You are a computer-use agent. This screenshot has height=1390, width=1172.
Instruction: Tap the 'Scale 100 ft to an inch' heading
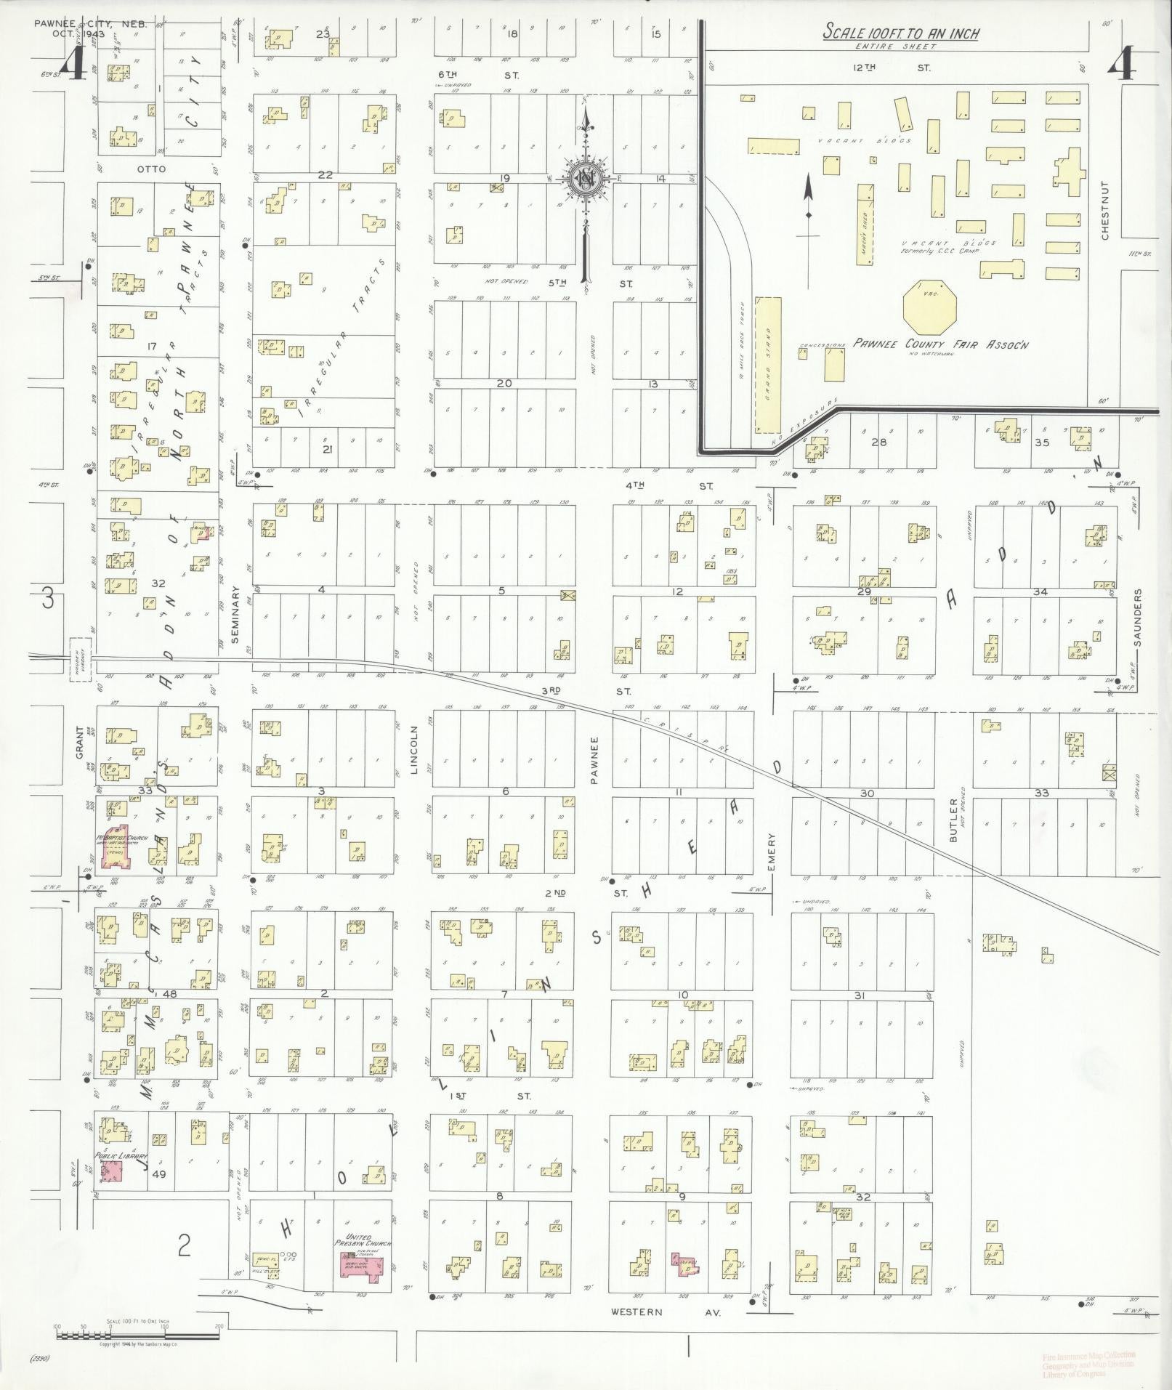pos(900,33)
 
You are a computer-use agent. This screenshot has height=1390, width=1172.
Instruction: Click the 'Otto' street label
pos(150,169)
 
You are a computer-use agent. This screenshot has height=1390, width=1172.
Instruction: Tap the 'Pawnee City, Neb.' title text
pos(90,24)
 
